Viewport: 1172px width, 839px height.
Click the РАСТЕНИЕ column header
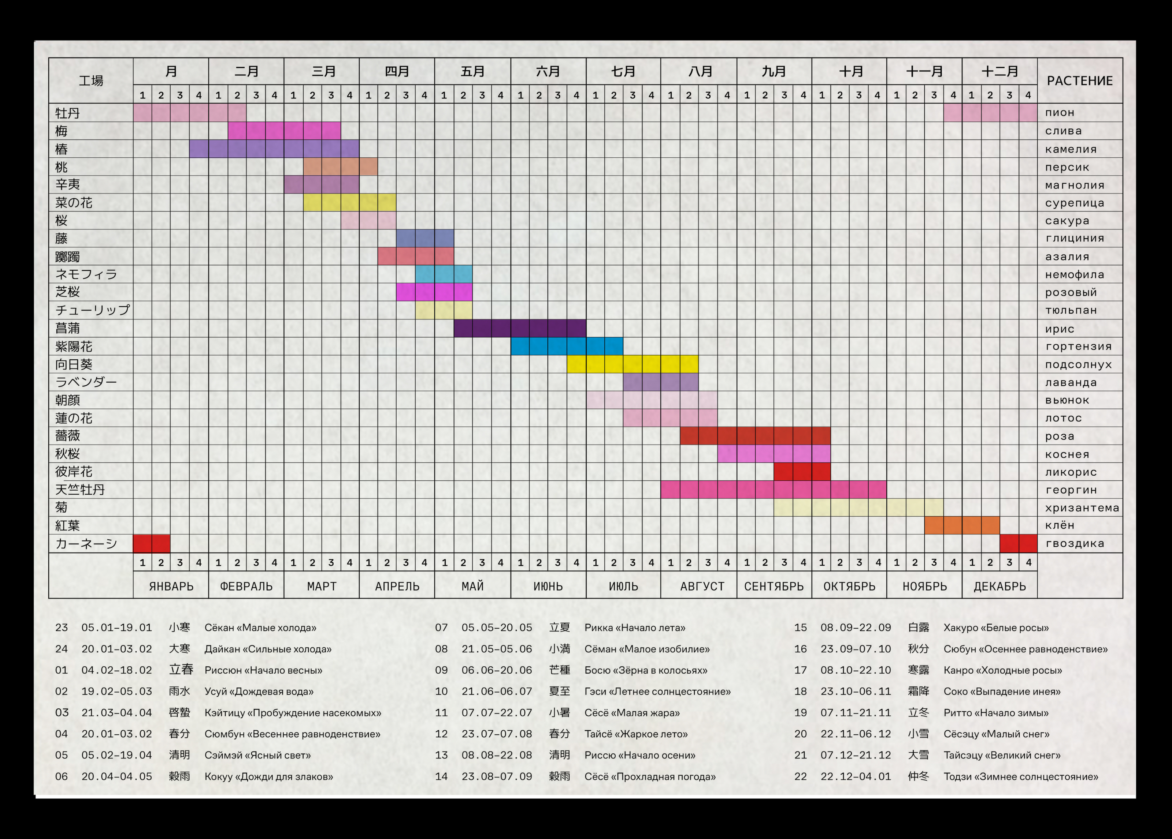point(1079,81)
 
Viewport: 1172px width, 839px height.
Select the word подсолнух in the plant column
point(1078,364)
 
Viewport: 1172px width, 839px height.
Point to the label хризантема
point(1082,508)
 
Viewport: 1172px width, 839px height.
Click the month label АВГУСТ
point(702,587)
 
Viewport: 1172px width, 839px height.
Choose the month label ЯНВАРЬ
point(171,587)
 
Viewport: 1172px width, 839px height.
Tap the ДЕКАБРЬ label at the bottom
point(999,587)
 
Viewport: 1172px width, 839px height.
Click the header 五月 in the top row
point(472,71)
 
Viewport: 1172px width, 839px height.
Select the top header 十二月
point(999,71)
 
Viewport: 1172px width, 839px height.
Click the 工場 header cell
point(91,80)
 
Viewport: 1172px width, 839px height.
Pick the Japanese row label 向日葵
point(74,364)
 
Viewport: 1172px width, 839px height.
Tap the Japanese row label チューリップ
point(93,310)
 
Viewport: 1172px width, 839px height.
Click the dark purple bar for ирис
point(520,328)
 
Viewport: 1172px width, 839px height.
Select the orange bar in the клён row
point(962,525)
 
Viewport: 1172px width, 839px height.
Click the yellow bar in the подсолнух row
point(633,364)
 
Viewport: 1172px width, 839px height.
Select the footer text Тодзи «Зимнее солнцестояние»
point(1021,776)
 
